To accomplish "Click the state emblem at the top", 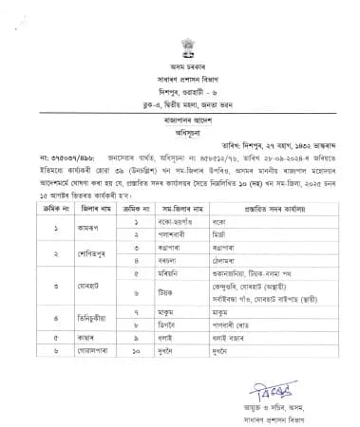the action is tap(180, 40).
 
